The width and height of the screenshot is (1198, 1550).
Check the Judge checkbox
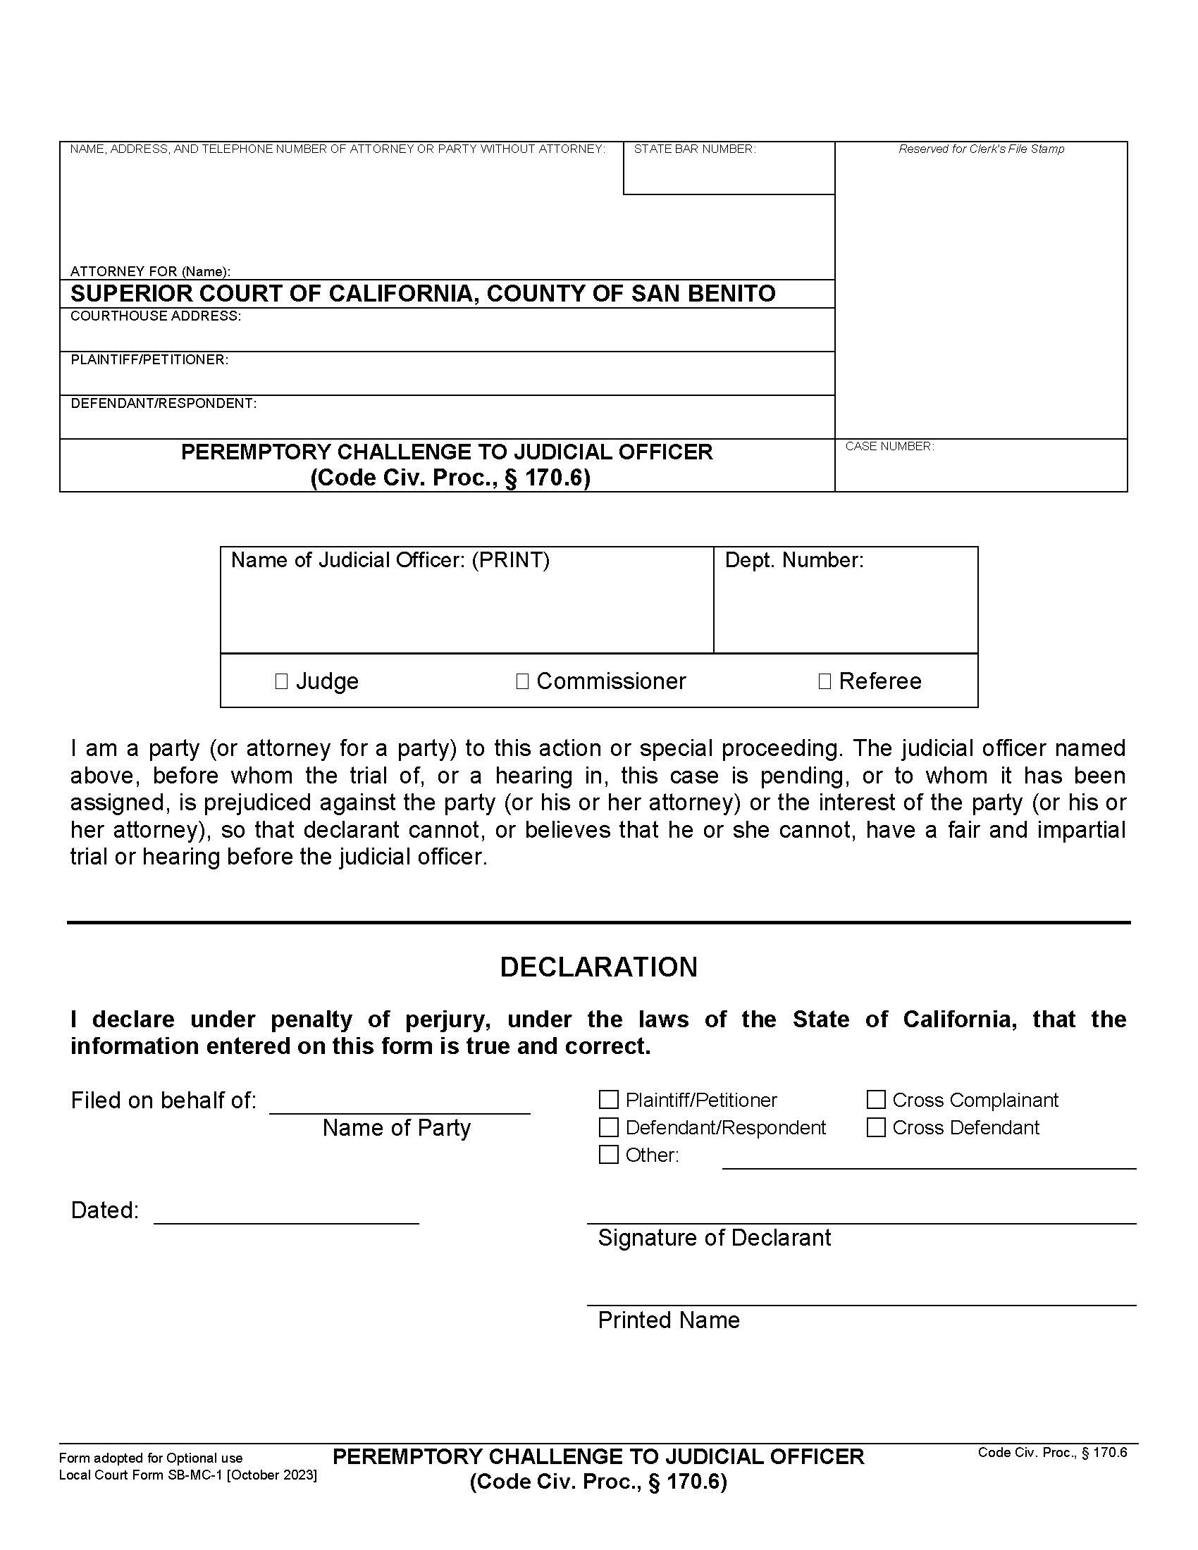(x=281, y=681)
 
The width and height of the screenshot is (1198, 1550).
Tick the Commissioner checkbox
(x=522, y=681)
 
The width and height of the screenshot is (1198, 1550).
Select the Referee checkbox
(x=824, y=681)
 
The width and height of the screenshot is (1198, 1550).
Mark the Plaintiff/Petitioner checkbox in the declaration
(x=608, y=1100)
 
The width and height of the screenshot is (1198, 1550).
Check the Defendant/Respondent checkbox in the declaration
(x=608, y=1128)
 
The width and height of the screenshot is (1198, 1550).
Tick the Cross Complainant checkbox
(x=876, y=1100)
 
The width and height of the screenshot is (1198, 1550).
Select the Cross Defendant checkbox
(x=876, y=1128)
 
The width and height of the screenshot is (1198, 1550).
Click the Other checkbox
(x=608, y=1155)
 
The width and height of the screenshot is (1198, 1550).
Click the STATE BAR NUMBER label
(x=694, y=149)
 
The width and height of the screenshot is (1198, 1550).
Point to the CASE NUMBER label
(x=889, y=447)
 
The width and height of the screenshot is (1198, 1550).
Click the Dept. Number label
(x=793, y=561)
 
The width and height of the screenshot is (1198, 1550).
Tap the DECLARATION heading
(x=598, y=967)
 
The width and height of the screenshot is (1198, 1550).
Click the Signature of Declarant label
(x=713, y=1238)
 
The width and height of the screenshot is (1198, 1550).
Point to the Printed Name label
(x=669, y=1320)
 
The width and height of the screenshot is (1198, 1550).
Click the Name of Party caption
(x=396, y=1128)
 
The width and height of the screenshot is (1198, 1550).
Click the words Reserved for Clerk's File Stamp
(x=981, y=149)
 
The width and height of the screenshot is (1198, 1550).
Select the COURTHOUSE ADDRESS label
(x=156, y=316)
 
